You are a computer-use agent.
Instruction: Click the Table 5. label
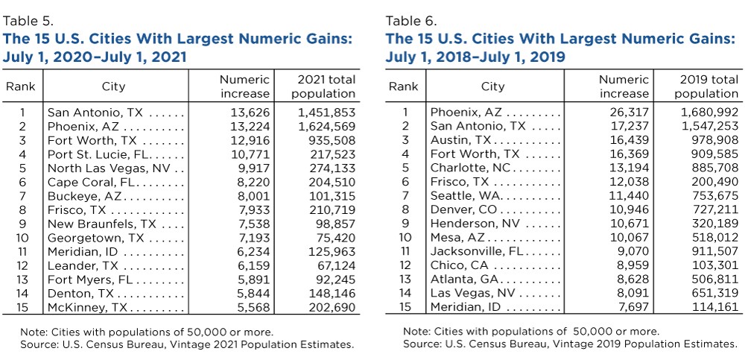point(28,21)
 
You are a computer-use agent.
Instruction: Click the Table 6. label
point(410,21)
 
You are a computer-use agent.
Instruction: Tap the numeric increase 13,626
point(250,113)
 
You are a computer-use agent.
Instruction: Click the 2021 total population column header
point(323,86)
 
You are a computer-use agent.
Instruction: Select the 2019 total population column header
point(706,86)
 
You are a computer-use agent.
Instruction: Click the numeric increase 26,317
point(632,113)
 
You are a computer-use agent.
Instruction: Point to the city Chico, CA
point(460,265)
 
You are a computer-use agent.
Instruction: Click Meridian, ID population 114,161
point(717,307)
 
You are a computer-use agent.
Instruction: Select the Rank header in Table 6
point(403,86)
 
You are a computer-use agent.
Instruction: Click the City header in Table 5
point(113,86)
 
